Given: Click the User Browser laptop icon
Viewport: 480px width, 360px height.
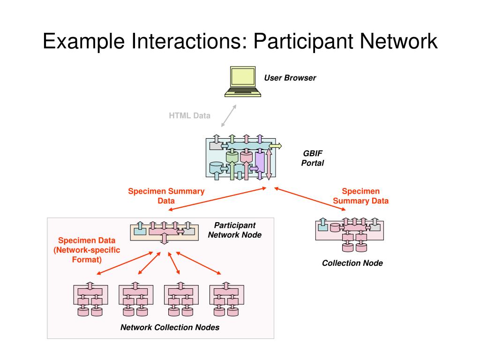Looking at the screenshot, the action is [243, 82].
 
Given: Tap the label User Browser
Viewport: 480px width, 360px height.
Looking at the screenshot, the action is [290, 78].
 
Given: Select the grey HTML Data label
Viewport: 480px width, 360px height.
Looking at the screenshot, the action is [189, 115].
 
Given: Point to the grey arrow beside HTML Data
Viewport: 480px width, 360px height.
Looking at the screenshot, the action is [229, 116].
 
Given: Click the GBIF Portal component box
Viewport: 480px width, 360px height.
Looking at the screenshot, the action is [241, 157].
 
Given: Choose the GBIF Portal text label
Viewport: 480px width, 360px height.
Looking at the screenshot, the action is [313, 158].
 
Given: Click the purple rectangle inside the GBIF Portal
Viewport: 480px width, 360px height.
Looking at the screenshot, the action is [260, 162].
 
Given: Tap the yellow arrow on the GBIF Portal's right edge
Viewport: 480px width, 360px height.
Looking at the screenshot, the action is [275, 146].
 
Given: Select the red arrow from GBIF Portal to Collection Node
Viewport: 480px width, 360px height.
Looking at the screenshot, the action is [310, 199].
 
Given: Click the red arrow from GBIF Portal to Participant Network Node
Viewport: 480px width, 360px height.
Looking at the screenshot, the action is [217, 199].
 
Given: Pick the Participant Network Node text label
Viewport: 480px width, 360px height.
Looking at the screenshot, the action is [235, 230].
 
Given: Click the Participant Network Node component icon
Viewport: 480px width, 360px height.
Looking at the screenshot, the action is [165, 232].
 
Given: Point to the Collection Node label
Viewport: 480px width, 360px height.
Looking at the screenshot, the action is [352, 263].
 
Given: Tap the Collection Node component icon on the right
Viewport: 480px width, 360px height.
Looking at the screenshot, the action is [350, 234].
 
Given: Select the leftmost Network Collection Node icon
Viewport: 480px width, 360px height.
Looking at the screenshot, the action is [90, 299].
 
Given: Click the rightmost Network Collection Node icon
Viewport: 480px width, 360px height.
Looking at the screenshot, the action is [226, 299].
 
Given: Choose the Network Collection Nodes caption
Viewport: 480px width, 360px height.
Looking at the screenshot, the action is [170, 327].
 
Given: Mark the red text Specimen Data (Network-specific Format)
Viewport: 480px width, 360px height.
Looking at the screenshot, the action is [87, 250].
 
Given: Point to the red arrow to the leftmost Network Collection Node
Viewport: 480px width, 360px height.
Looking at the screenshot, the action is [125, 263].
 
